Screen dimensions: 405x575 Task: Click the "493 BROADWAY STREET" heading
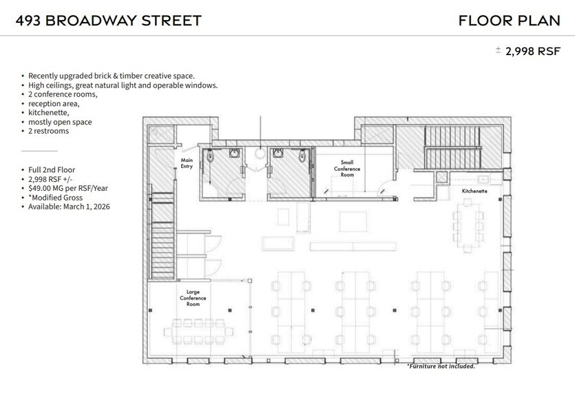point(108,20)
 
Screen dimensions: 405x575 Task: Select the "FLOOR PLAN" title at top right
point(509,20)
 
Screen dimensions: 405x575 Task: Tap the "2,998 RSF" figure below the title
point(534,52)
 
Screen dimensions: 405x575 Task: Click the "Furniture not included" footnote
point(440,366)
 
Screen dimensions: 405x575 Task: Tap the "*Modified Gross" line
point(54,197)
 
